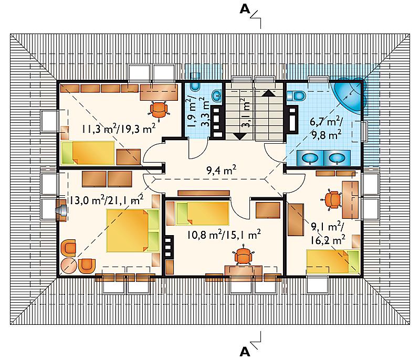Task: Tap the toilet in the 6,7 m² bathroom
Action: click(x=296, y=96)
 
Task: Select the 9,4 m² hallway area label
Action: click(x=221, y=170)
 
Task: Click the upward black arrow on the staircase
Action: click(x=268, y=93)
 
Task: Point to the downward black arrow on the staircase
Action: click(x=240, y=136)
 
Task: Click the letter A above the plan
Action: click(x=245, y=9)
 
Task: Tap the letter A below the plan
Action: click(x=245, y=352)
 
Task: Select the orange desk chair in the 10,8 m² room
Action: click(x=243, y=255)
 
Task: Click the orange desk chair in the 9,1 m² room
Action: click(x=332, y=199)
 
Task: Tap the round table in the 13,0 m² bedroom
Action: click(x=69, y=265)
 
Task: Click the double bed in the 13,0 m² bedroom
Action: click(x=133, y=231)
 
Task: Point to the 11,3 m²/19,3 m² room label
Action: click(x=119, y=129)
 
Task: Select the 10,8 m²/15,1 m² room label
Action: click(x=224, y=235)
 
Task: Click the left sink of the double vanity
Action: click(x=310, y=158)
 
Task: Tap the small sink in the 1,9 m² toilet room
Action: click(x=217, y=96)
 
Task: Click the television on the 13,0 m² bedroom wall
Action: click(x=61, y=210)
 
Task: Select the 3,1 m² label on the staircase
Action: click(x=246, y=112)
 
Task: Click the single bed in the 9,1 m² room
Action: click(x=333, y=261)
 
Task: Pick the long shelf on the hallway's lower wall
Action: click(x=204, y=193)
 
